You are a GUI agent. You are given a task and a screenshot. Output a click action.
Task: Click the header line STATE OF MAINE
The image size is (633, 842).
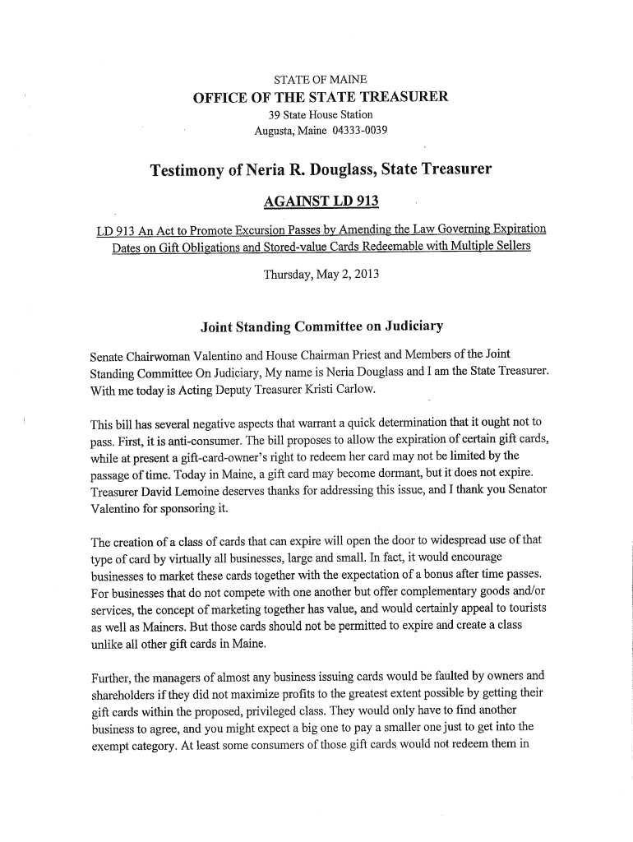coord(320,80)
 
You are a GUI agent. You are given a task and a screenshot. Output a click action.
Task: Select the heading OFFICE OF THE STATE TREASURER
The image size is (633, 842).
coord(320,97)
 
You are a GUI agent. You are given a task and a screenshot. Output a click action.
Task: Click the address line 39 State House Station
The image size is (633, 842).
coord(321,114)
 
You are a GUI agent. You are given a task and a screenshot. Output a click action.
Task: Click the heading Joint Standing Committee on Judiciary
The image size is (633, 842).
coord(321,327)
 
